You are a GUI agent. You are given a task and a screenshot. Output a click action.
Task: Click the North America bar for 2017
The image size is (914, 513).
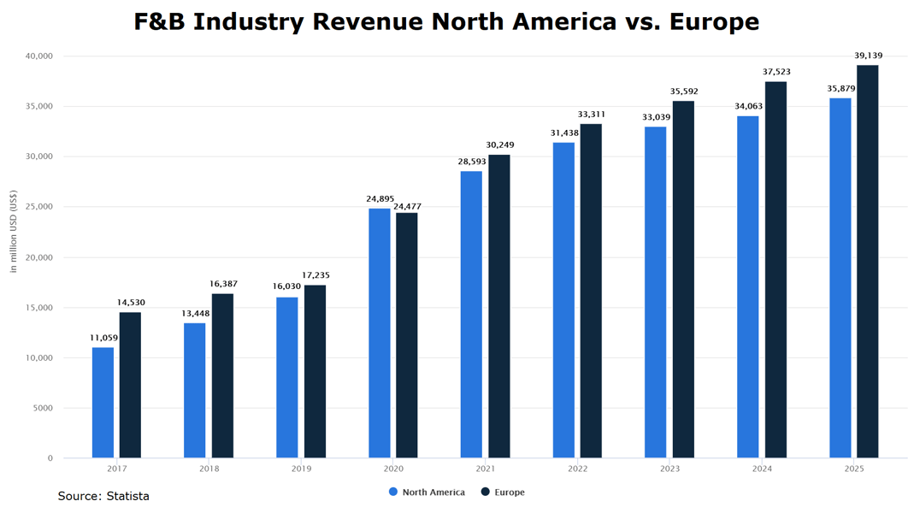click(x=103, y=402)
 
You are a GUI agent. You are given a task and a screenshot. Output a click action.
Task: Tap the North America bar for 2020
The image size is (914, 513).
click(x=379, y=333)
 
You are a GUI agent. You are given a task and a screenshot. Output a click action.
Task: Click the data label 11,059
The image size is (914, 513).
click(x=103, y=338)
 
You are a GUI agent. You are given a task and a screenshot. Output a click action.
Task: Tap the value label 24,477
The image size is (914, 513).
click(x=407, y=206)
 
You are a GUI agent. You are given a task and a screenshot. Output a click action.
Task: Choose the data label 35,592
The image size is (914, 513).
click(x=683, y=91)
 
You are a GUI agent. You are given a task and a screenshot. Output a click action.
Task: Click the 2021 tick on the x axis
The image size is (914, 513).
click(x=485, y=469)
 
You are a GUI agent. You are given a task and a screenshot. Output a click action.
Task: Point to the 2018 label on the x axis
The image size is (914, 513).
click(x=209, y=469)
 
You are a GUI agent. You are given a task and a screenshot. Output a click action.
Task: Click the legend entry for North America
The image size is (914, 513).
click(x=427, y=492)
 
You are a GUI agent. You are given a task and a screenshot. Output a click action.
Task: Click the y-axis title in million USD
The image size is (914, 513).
click(x=14, y=232)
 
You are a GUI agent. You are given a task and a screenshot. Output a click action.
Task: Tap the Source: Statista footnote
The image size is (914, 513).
click(x=103, y=496)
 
